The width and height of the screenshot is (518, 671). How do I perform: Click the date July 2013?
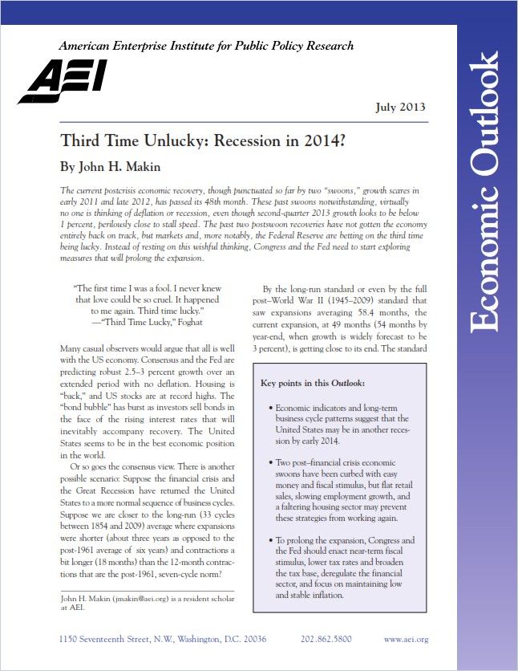coord(400,108)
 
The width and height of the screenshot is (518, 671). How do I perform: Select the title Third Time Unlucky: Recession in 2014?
coord(203,140)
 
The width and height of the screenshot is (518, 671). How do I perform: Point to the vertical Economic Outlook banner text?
coord(486,193)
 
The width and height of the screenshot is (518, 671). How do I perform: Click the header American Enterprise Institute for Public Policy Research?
coord(206,46)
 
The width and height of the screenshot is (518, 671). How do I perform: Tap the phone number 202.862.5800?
coord(326,639)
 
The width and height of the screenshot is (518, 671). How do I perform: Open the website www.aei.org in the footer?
coord(406,639)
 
